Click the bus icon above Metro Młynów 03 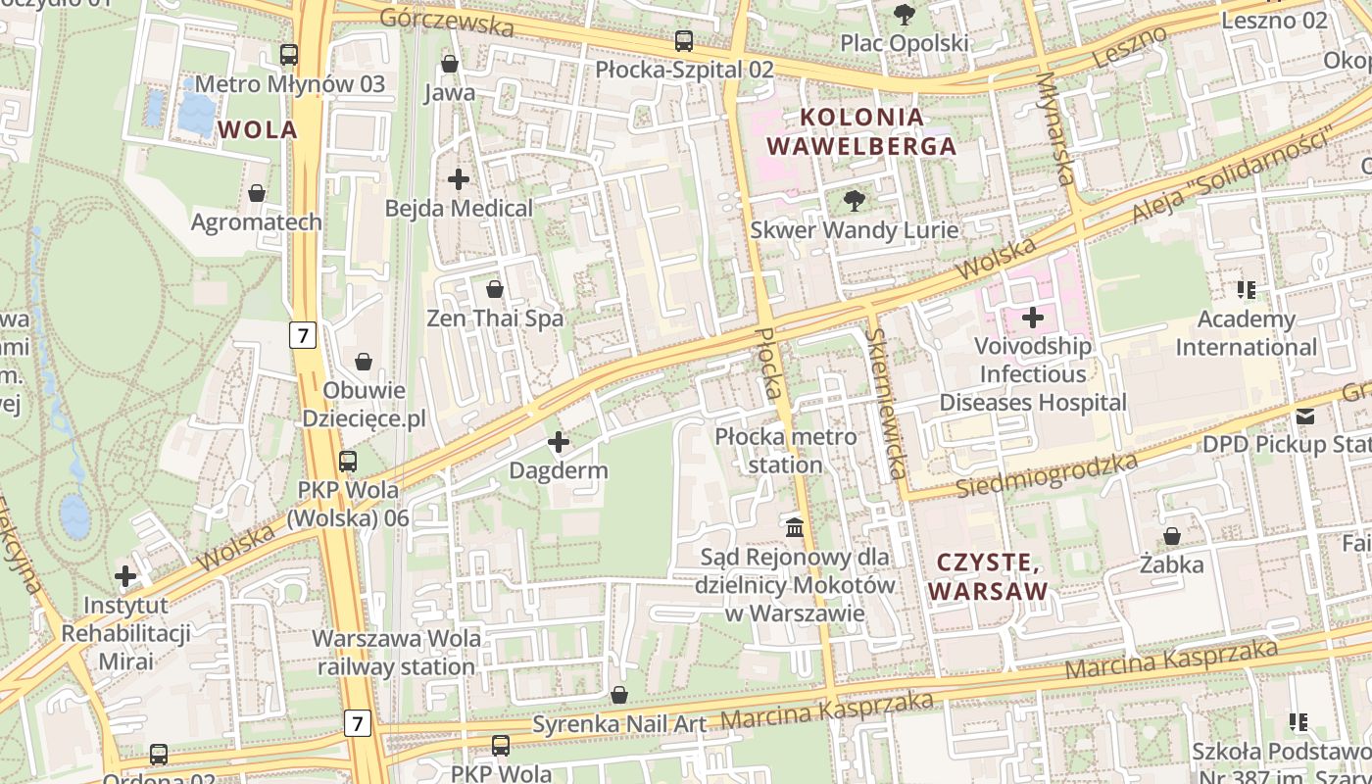288,55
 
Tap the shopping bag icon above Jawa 450,65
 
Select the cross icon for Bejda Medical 458,179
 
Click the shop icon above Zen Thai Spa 495,289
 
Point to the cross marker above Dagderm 559,442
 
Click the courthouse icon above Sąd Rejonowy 795,527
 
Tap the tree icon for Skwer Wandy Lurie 854,201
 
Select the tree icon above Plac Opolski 904,15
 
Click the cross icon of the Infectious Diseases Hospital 1033,318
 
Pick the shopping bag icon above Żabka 1171,536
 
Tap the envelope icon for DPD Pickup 1305,416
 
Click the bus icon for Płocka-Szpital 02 684,41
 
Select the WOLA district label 258,129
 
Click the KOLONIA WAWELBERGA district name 861,131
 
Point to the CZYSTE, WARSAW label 988,576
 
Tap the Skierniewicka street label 885,403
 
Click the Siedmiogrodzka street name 1047,474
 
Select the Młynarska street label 1055,128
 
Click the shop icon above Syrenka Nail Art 619,696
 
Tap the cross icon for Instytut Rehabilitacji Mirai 125,576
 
